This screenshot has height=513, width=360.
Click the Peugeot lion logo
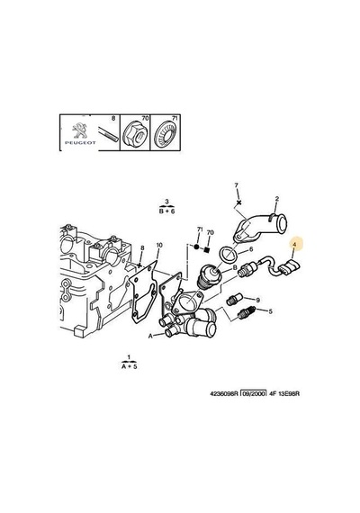click(x=78, y=130)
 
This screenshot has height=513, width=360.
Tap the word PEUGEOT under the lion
click(x=80, y=142)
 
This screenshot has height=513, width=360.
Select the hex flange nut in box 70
click(x=134, y=135)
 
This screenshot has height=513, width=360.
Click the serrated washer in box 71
click(x=166, y=135)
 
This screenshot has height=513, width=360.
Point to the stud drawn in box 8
click(x=108, y=135)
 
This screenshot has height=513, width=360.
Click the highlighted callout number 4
click(x=294, y=244)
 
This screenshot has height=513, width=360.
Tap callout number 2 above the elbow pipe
click(x=277, y=199)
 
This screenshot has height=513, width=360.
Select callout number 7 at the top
click(x=237, y=185)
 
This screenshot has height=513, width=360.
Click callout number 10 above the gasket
click(x=159, y=245)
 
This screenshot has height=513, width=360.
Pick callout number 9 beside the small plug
click(x=258, y=300)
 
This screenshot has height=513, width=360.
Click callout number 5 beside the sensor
click(x=270, y=311)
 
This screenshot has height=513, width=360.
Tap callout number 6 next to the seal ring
click(x=251, y=249)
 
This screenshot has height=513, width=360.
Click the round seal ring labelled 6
click(x=229, y=255)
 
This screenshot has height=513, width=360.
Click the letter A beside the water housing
click(x=150, y=336)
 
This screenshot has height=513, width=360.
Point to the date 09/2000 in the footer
click(x=253, y=393)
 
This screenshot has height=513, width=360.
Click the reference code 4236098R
click(x=224, y=393)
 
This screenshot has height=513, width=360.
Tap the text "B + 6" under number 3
click(x=166, y=211)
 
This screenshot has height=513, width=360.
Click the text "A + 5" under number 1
click(x=130, y=366)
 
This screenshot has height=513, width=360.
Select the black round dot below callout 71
click(x=197, y=247)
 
